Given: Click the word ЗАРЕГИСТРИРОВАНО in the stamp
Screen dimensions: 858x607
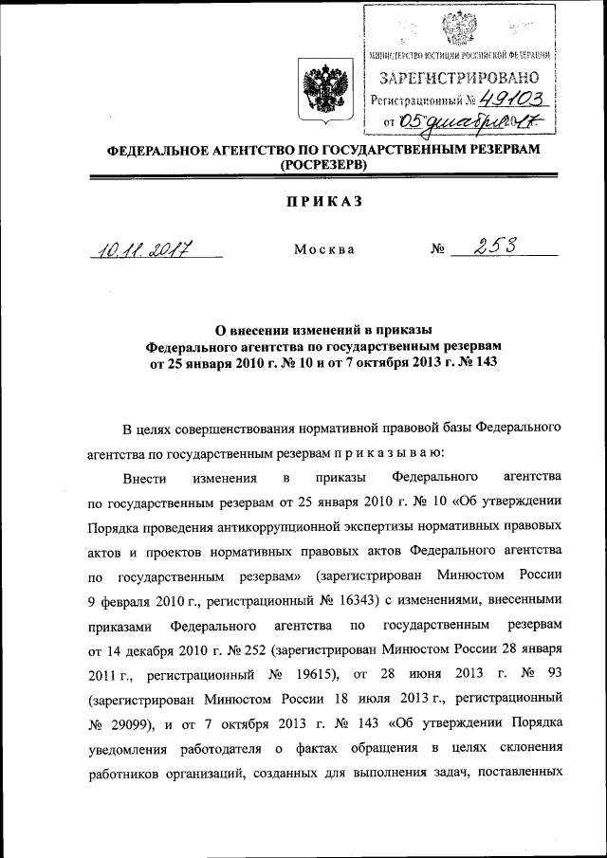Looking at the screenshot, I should tap(461, 77).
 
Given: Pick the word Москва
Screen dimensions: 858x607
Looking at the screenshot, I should tap(324, 250).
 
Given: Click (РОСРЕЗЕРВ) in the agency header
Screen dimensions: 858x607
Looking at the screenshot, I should tap(322, 165).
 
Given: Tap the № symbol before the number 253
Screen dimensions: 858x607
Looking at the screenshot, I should tap(438, 250).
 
